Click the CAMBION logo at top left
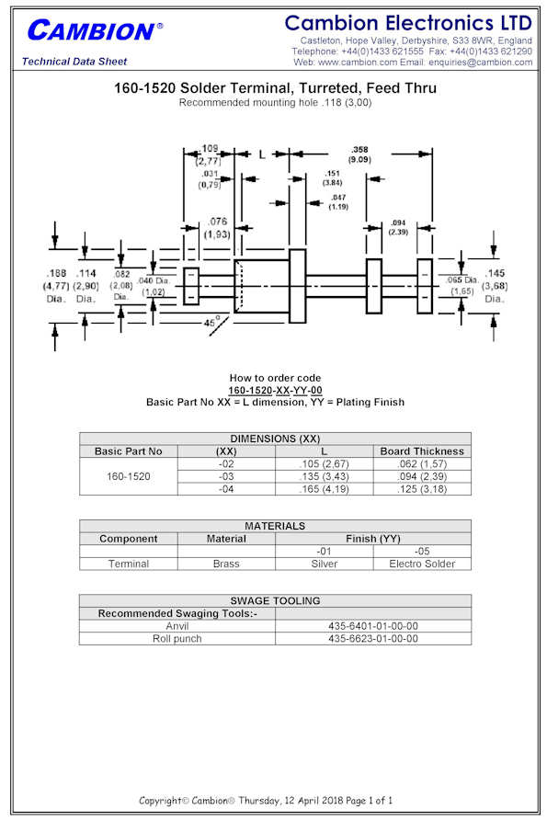click(x=95, y=30)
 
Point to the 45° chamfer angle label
click(x=210, y=322)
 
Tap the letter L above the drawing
click(x=262, y=154)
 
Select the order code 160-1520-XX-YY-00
click(x=275, y=390)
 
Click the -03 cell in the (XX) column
click(x=226, y=476)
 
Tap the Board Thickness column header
click(x=422, y=451)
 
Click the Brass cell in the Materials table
click(x=226, y=564)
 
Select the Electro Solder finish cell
click(x=422, y=564)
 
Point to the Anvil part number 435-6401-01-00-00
click(x=372, y=626)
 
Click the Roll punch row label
click(x=177, y=639)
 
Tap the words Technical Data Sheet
click(x=74, y=62)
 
